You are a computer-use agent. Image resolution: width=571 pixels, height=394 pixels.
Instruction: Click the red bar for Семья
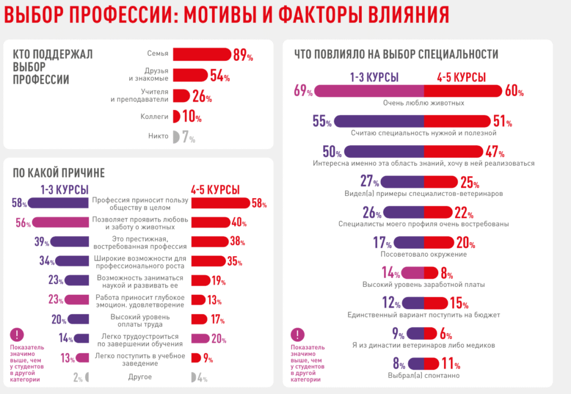click(x=201, y=54)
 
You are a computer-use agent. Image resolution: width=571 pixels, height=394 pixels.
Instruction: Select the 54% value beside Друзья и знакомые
click(x=220, y=76)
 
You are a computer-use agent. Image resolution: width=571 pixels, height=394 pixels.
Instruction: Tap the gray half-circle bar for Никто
click(x=176, y=136)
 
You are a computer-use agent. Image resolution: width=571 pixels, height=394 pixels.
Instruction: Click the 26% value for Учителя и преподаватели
click(x=202, y=97)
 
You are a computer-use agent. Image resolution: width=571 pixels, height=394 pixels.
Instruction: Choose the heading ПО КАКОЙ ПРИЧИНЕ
click(x=59, y=173)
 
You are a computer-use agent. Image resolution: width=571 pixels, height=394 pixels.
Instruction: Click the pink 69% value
click(x=303, y=91)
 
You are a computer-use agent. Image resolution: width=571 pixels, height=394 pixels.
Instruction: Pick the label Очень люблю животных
click(x=423, y=103)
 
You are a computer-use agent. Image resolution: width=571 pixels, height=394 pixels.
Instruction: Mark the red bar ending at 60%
click(x=463, y=91)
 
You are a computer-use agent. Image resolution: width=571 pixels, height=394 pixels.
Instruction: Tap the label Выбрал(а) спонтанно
click(x=423, y=376)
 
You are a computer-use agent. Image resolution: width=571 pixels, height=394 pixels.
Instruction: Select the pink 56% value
click(x=24, y=223)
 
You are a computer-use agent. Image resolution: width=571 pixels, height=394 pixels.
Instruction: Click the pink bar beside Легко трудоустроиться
click(x=200, y=338)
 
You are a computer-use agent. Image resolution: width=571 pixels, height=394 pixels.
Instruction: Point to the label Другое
click(x=140, y=377)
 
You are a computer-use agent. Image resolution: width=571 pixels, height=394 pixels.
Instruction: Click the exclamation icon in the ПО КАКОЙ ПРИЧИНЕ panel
click(x=18, y=335)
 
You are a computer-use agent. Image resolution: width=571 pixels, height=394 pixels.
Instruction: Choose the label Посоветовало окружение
click(x=423, y=254)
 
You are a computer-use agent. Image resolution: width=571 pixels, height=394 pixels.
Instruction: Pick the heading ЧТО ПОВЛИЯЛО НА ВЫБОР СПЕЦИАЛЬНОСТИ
click(x=396, y=54)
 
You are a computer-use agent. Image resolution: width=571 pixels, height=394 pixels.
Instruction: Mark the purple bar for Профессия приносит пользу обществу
click(x=58, y=203)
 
